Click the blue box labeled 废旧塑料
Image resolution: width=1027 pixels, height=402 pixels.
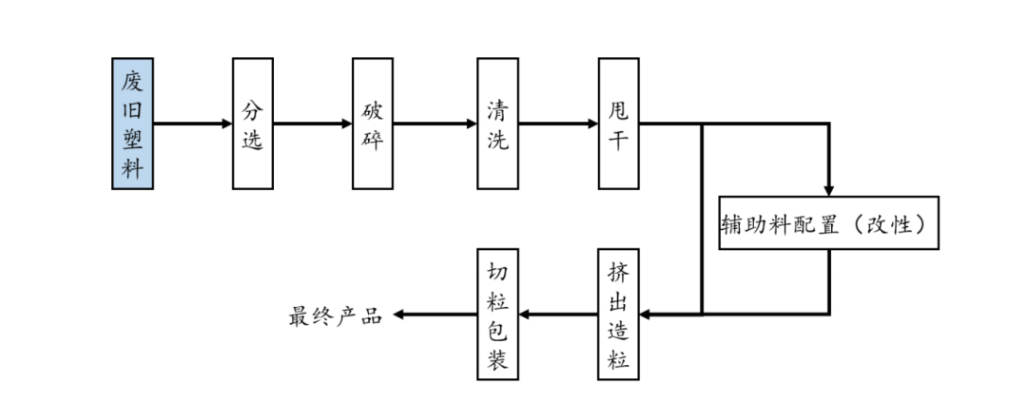(x=132, y=124)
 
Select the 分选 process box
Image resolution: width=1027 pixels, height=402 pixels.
(x=252, y=124)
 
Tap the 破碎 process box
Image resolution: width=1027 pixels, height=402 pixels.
(x=372, y=124)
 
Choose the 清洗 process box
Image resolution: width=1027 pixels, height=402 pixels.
(x=497, y=124)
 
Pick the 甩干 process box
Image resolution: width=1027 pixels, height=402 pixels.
(x=618, y=124)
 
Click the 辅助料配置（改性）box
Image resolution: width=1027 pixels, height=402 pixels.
(x=828, y=223)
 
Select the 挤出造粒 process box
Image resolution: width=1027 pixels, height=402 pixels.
(x=618, y=315)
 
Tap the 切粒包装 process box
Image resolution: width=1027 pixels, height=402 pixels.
(x=496, y=315)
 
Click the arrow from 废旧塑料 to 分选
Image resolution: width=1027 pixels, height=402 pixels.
(x=193, y=124)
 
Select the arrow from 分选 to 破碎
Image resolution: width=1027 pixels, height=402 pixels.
(x=313, y=124)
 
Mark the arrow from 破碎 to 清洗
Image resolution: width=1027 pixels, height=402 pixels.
(x=435, y=124)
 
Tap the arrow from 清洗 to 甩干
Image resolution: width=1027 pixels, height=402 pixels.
(x=558, y=124)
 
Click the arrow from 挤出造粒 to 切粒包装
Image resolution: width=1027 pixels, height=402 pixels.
(x=557, y=315)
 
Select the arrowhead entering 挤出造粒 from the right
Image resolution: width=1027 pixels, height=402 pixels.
(x=646, y=315)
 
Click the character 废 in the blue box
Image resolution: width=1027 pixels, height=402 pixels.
(x=132, y=81)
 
